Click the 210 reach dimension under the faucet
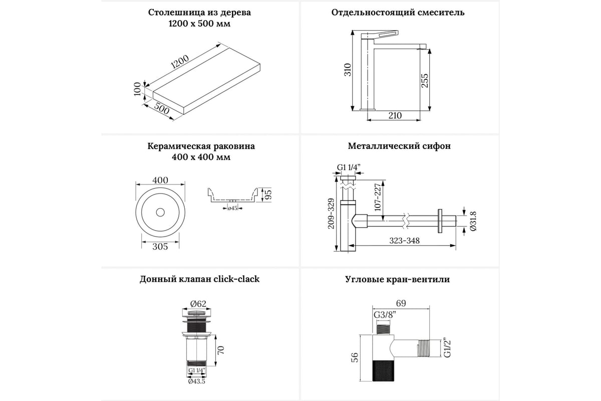click(395, 116)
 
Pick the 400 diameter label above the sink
click(160, 180)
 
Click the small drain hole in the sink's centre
click(160, 212)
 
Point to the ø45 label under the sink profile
click(232, 208)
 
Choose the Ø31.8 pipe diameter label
click(473, 221)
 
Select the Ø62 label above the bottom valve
click(199, 303)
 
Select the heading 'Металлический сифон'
click(399, 146)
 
